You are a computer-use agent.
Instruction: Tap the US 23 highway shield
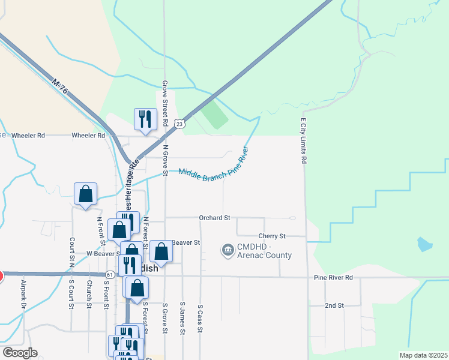(179, 124)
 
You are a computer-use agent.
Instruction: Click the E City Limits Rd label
(304, 141)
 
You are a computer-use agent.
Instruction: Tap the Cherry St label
(272, 236)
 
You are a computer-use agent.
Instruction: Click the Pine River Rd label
(333, 278)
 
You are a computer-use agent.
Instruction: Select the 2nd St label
(334, 305)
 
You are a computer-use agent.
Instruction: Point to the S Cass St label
(200, 318)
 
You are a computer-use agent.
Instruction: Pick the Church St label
(89, 294)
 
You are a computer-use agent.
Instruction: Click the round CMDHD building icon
(228, 250)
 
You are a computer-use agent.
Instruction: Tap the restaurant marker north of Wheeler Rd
(145, 118)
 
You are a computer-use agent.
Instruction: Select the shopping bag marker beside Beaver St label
(161, 252)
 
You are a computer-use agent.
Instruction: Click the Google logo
(20, 353)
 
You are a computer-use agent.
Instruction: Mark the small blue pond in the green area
(424, 244)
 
